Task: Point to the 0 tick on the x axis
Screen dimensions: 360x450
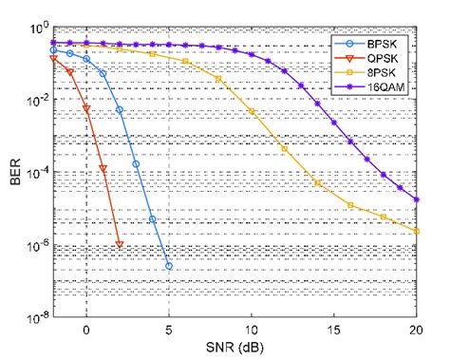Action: pos(86,331)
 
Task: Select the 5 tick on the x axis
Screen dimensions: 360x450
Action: pos(169,331)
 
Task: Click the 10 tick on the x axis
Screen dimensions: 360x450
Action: pos(252,331)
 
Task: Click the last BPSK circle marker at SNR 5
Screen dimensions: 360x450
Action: pos(169,266)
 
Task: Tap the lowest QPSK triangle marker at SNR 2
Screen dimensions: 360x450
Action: pos(120,245)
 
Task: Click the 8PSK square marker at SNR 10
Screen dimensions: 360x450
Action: pos(252,112)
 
